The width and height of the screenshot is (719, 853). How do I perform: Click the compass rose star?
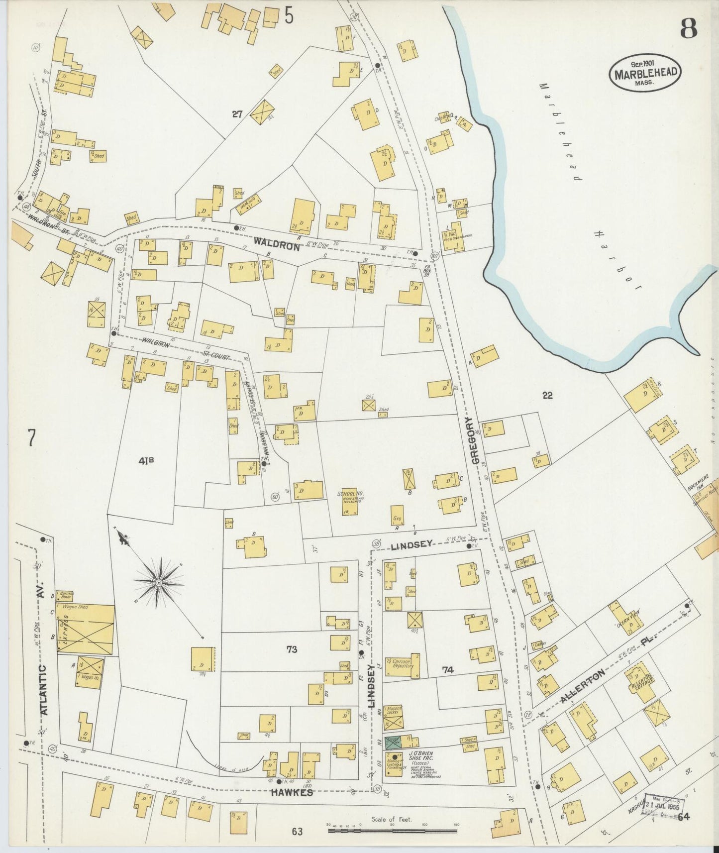pyautogui.click(x=158, y=582)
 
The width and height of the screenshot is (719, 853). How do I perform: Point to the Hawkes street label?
pyautogui.click(x=292, y=793)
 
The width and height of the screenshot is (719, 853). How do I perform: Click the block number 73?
pyautogui.click(x=292, y=649)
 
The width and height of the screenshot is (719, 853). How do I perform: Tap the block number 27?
pyautogui.click(x=237, y=114)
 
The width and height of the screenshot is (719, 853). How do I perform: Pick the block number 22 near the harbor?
pyautogui.click(x=547, y=396)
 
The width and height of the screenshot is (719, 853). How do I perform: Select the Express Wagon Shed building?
pyautogui.click(x=86, y=629)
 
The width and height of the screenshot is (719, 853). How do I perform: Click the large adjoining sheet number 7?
pyautogui.click(x=31, y=439)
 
